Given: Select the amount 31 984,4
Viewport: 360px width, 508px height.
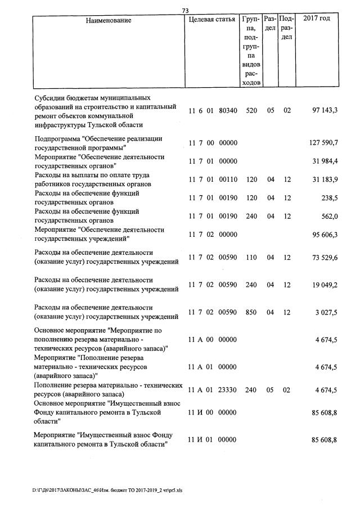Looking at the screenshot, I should coord(325,161).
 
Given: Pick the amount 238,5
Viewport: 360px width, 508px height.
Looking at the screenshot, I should coord(328,197).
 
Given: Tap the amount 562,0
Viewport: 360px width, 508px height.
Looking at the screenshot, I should coord(328,216).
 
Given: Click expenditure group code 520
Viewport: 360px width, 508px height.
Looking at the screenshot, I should coord(251,111).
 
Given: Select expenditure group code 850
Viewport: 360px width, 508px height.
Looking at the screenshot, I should coord(251,312).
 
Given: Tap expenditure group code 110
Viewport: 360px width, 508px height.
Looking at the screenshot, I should coord(251,257).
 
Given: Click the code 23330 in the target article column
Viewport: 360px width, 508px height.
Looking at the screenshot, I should coord(227,390).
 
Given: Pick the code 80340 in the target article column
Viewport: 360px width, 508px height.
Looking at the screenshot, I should coord(227,111).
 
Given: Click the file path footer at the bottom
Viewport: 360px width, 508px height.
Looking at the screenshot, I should coord(107,490).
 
